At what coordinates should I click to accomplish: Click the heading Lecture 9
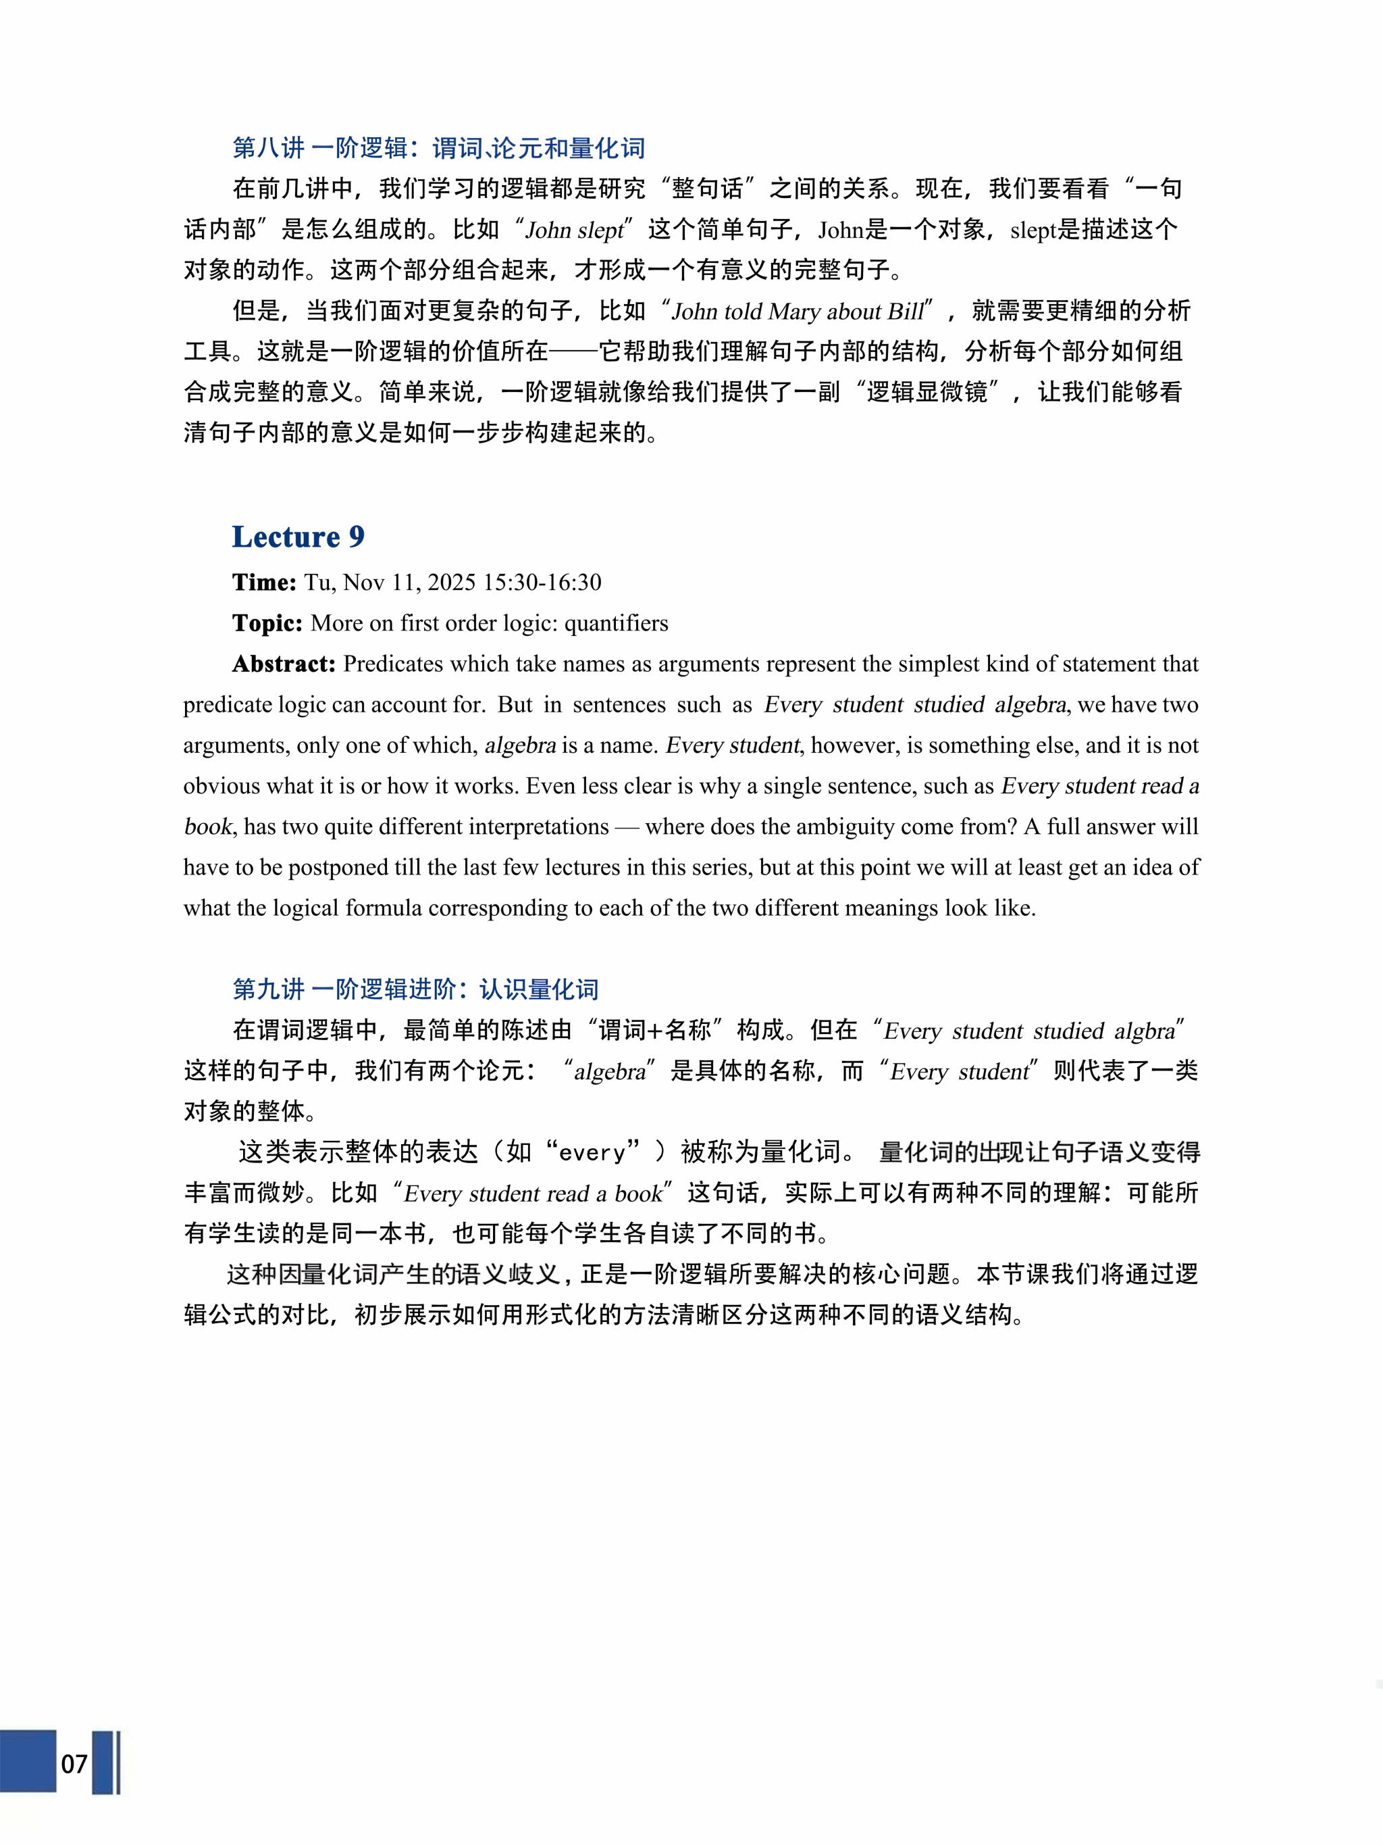[298, 537]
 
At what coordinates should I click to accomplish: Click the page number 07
[74, 1763]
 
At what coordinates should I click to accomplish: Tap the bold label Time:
[263, 582]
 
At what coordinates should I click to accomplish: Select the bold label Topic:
[267, 623]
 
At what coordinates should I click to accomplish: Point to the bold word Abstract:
[284, 664]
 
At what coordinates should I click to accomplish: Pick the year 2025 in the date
[452, 582]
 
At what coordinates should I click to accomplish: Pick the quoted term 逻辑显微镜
[927, 392]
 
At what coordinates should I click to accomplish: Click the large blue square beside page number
[28, 1761]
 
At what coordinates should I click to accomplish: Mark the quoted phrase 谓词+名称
[654, 1031]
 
